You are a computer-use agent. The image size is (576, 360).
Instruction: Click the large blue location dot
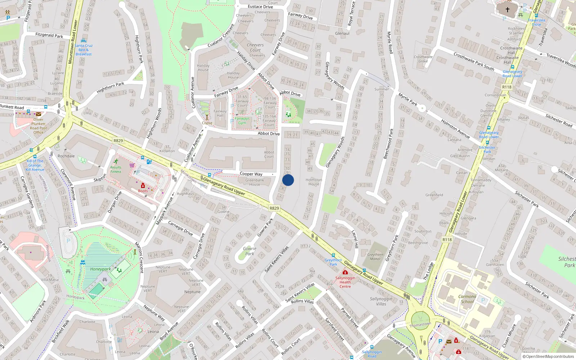tap(288, 180)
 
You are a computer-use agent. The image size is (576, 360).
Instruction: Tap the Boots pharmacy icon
tap(143, 185)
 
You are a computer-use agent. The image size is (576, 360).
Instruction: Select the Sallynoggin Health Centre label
tap(345, 282)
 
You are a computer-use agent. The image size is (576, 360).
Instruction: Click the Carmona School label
tap(467, 299)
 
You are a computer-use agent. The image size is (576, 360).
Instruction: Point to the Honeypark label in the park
tap(100, 269)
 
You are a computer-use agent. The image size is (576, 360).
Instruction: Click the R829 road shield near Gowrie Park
tap(274, 208)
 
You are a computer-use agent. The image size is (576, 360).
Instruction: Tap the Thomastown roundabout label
tap(420, 324)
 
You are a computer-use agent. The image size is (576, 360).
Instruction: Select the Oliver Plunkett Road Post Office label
tap(38, 126)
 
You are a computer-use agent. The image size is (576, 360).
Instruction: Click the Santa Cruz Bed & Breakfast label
tap(84, 50)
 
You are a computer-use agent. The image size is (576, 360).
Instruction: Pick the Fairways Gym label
tap(242, 121)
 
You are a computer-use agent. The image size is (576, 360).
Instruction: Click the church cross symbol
tap(508, 10)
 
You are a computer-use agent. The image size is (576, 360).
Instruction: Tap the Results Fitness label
tap(116, 169)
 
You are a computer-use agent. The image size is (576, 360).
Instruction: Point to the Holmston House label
tap(314, 182)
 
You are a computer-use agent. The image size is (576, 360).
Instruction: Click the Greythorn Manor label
tap(375, 257)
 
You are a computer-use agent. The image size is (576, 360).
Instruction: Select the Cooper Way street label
tap(251, 174)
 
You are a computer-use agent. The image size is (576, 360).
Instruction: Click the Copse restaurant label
tap(207, 123)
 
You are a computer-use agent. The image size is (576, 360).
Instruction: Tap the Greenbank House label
tap(255, 182)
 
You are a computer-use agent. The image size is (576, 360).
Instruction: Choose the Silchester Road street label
tap(559, 120)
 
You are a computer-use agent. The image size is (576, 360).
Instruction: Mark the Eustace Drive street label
tap(260, 6)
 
